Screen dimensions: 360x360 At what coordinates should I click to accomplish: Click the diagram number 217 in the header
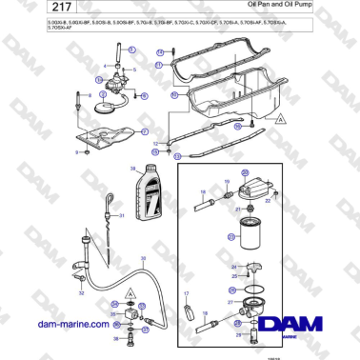pyautogui.click(x=29, y=11)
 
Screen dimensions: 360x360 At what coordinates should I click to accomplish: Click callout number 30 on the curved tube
pyautogui.click(x=142, y=259)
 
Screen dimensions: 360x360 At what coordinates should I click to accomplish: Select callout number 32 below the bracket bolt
pyautogui.click(x=82, y=293)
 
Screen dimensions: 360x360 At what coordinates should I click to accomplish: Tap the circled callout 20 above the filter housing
pyautogui.click(x=244, y=172)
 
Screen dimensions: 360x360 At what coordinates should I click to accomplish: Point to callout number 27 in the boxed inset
pyautogui.click(x=230, y=301)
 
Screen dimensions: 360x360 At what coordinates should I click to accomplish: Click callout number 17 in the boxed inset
pyautogui.click(x=187, y=293)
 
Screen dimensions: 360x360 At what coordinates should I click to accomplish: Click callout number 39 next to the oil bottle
pyautogui.click(x=132, y=169)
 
